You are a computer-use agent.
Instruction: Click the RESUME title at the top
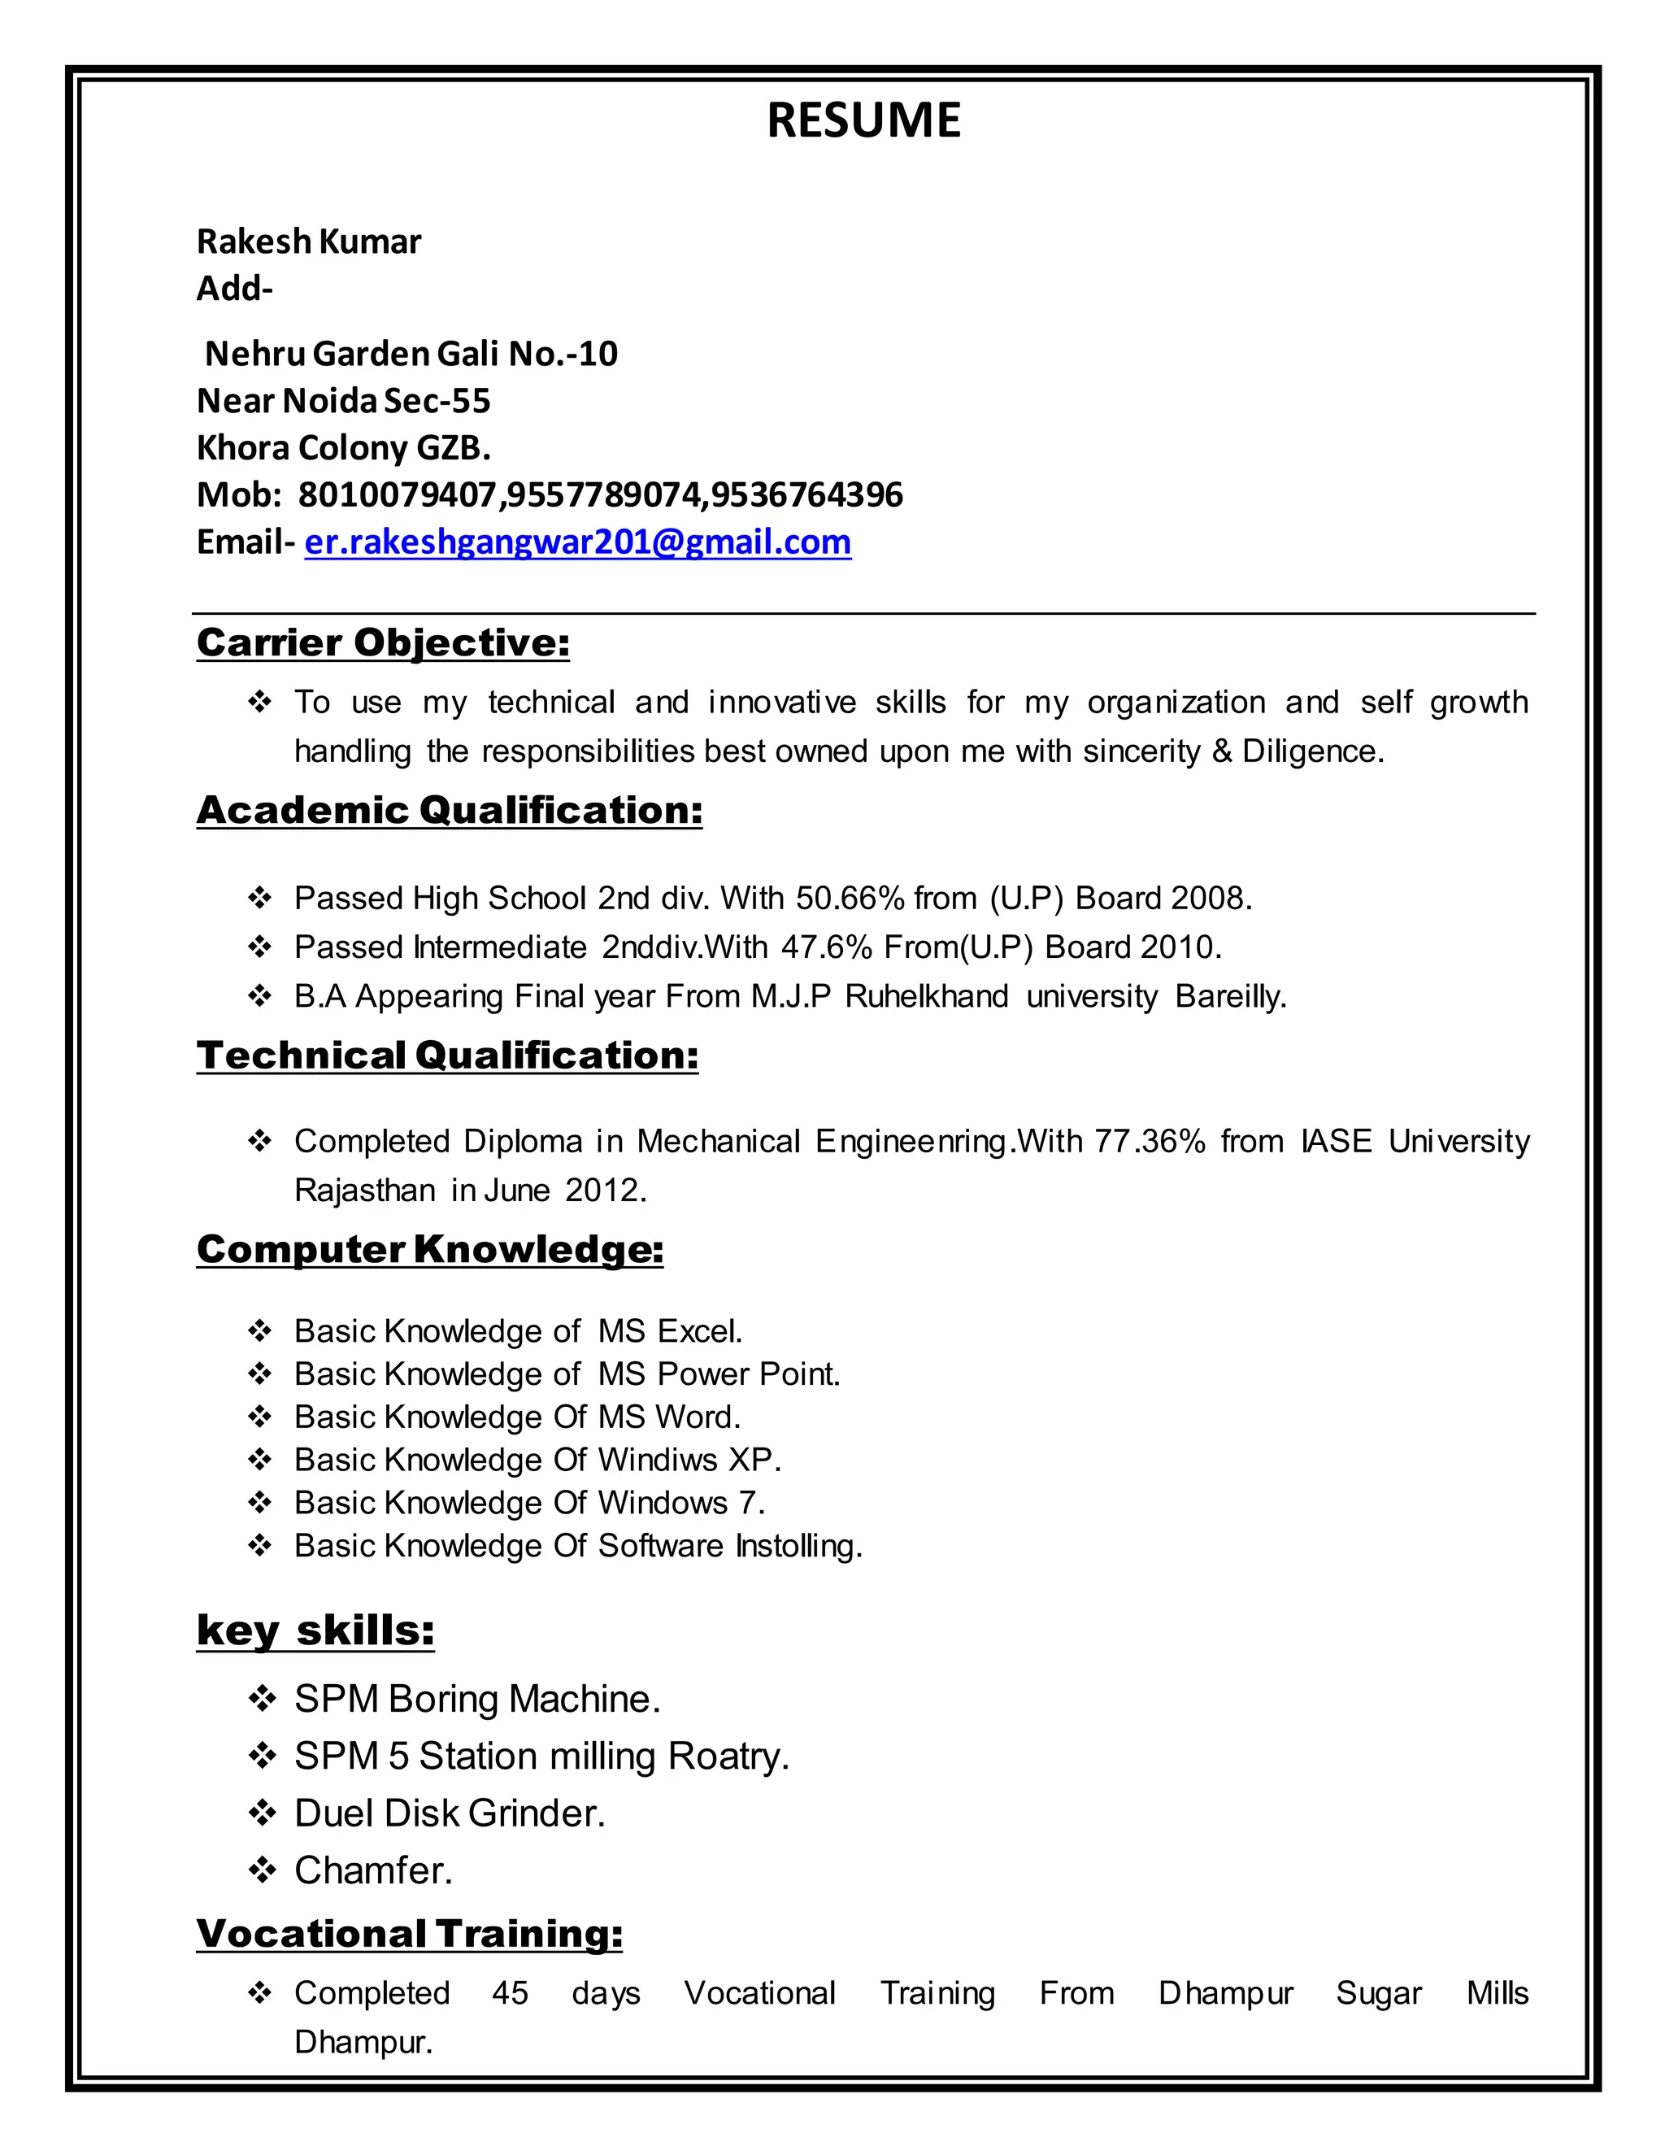point(863,120)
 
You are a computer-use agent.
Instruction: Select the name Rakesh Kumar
point(309,242)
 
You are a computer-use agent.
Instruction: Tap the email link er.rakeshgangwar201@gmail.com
point(577,542)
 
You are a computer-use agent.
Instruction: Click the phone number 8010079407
point(398,494)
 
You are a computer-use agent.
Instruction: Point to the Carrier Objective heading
point(383,642)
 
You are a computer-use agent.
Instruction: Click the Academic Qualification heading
point(449,810)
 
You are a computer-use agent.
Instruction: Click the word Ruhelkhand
point(926,997)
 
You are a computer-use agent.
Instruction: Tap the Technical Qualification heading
point(447,1056)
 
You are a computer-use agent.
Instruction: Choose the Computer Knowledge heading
point(429,1249)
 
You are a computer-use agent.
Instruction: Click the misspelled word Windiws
point(657,1460)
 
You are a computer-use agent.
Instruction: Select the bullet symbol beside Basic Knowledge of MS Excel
point(259,1331)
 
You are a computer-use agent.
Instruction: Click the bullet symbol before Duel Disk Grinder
point(262,1813)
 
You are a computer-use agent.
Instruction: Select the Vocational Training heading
point(410,1933)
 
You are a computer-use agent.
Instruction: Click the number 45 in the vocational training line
point(510,1993)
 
